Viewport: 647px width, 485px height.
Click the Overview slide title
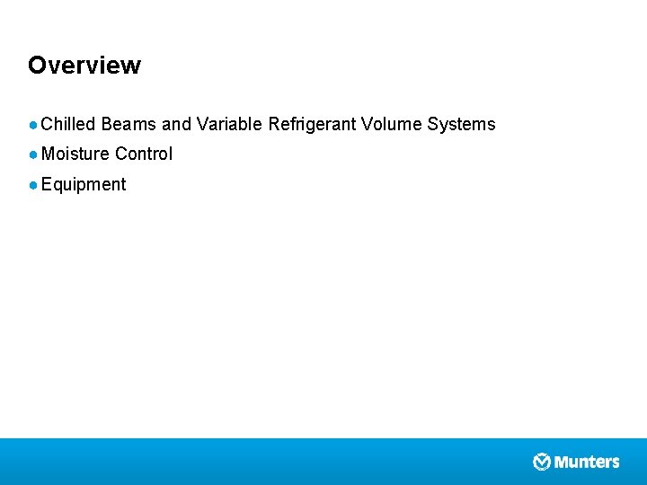[84, 66]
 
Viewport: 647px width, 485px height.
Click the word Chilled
[68, 124]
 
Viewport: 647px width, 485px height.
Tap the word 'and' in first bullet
[176, 124]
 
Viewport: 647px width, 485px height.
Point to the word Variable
[229, 124]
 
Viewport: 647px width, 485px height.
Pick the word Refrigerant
[312, 125]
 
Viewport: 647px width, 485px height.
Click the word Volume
[391, 124]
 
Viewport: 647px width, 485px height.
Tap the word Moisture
[75, 154]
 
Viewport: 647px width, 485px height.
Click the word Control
[144, 154]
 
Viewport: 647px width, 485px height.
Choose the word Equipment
[84, 185]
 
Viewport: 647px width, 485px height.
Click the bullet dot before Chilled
[33, 125]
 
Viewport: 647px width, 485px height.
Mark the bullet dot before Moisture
[33, 154]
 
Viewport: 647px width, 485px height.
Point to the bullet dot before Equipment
[33, 185]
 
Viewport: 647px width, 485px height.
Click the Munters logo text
[587, 462]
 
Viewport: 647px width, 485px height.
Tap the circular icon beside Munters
[542, 462]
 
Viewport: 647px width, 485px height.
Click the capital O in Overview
[37, 66]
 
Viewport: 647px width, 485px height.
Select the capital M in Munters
[562, 462]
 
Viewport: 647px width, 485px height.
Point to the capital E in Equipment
[47, 184]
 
